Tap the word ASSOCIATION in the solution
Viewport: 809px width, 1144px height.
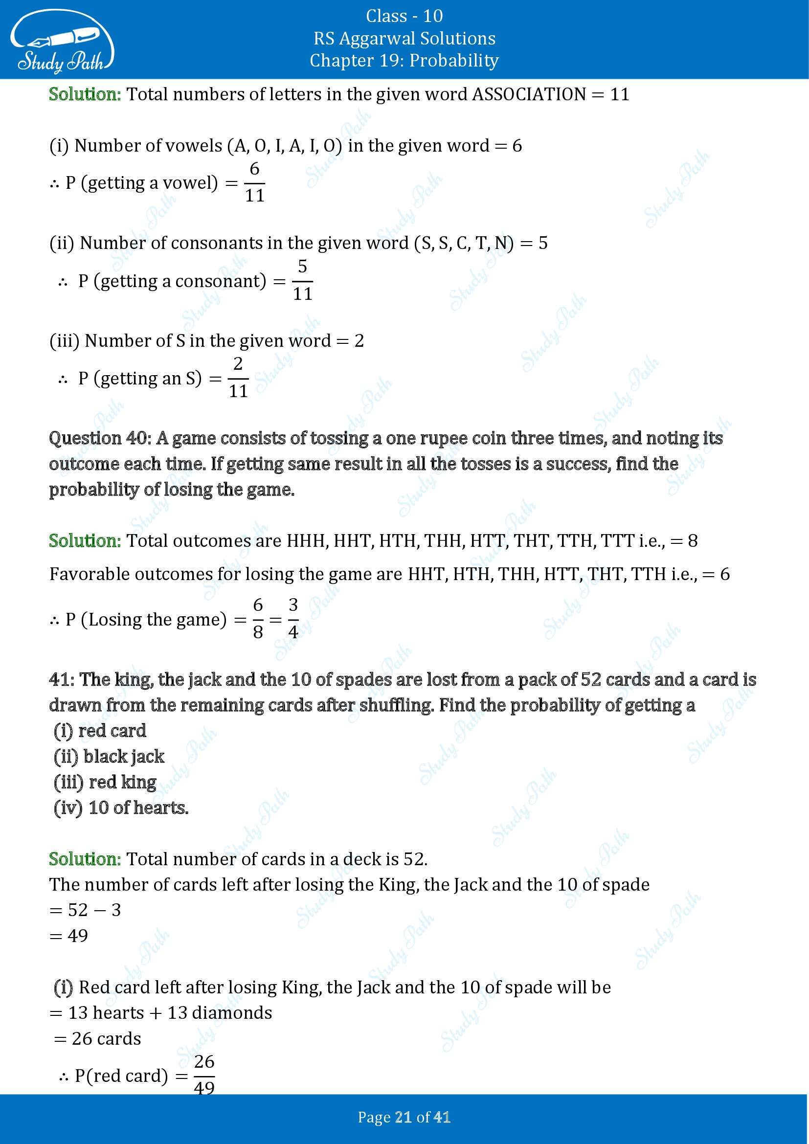pyautogui.click(x=529, y=94)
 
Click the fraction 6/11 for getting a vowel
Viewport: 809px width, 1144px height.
pyautogui.click(x=254, y=182)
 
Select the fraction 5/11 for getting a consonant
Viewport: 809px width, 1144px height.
pyautogui.click(x=302, y=281)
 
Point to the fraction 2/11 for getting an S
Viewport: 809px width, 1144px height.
pyautogui.click(x=238, y=378)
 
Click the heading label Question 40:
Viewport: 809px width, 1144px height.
pyautogui.click(x=100, y=438)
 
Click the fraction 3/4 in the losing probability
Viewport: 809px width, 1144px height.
pyautogui.click(x=293, y=619)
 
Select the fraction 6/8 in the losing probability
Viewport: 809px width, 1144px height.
pyautogui.click(x=258, y=619)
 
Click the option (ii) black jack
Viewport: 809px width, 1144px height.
pyautogui.click(x=109, y=756)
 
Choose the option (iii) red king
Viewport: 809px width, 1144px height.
pyautogui.click(x=105, y=782)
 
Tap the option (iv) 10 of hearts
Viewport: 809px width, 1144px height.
pyautogui.click(x=121, y=807)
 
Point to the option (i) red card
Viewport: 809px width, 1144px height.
pyautogui.click(x=100, y=731)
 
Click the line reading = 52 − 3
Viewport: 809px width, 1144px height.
pyautogui.click(x=85, y=910)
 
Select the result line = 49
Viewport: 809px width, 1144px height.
pyautogui.click(x=69, y=935)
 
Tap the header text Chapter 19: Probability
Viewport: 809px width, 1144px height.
pyautogui.click(x=404, y=60)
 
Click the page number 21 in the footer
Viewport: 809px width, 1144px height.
pyautogui.click(x=402, y=1117)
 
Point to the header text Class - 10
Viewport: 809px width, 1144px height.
pyautogui.click(x=404, y=16)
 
